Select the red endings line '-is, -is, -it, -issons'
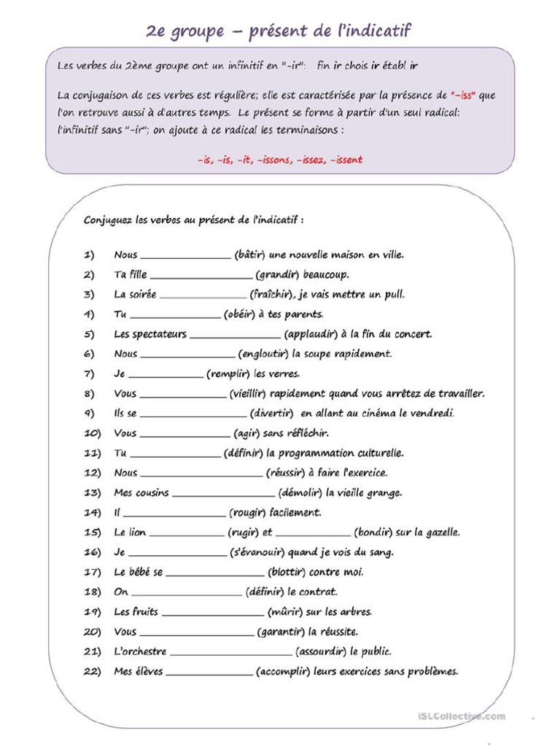click(x=279, y=160)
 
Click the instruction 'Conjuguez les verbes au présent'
click(x=193, y=220)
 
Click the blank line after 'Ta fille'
click(x=201, y=276)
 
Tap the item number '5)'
click(x=90, y=334)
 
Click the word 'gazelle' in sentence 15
click(x=440, y=533)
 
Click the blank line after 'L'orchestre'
click(x=230, y=653)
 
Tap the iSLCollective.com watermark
click(x=462, y=716)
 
